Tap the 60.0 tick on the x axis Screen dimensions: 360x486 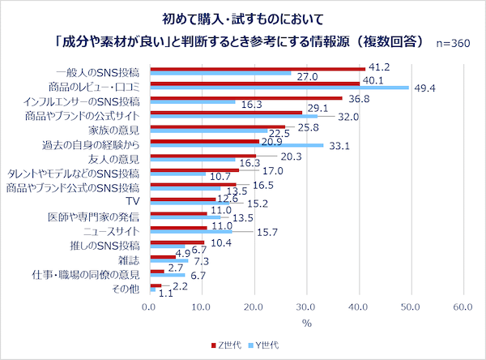(463, 308)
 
